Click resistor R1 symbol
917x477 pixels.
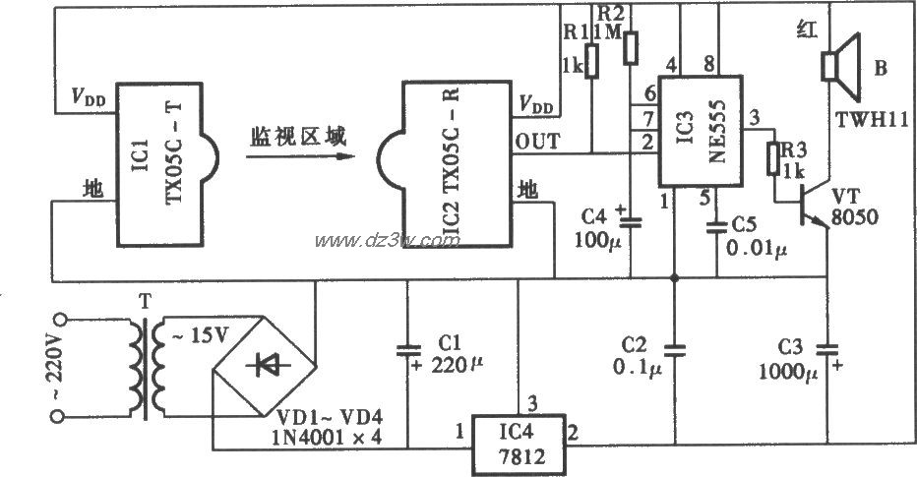click(591, 60)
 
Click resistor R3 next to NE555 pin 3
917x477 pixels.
click(772, 157)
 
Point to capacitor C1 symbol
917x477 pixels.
click(404, 349)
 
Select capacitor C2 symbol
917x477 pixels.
click(674, 347)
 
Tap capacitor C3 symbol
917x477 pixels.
click(828, 346)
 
